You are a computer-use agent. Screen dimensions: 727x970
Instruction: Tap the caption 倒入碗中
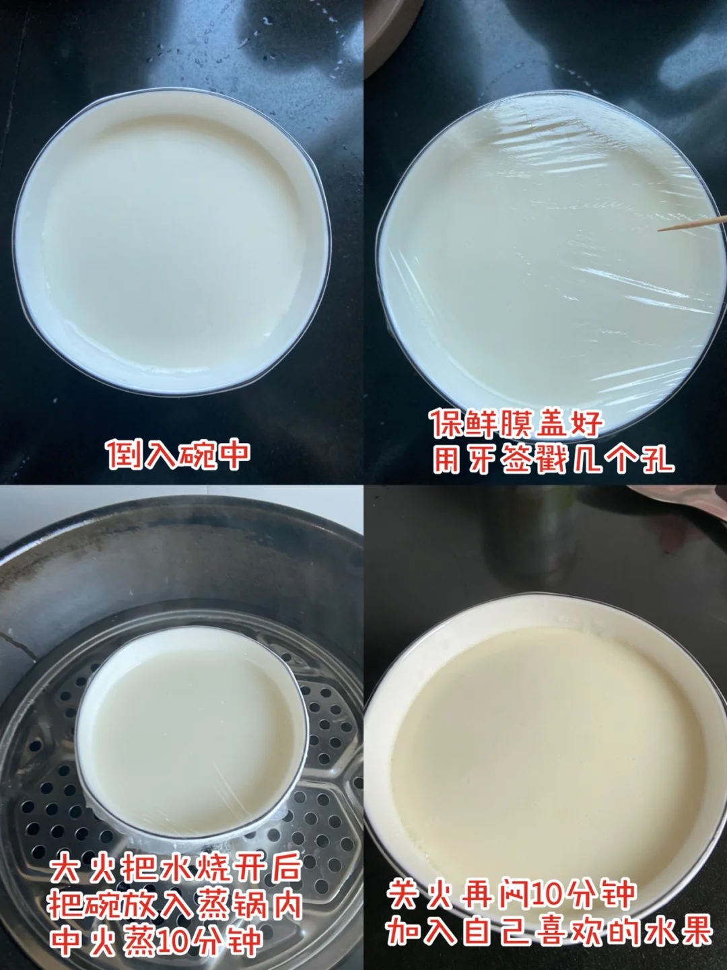click(179, 454)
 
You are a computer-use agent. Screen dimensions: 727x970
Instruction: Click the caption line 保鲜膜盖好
click(518, 424)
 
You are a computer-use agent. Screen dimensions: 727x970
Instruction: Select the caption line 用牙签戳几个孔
click(553, 460)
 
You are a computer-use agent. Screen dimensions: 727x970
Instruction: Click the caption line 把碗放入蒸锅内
click(176, 903)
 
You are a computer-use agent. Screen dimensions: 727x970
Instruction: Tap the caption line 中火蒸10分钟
click(156, 938)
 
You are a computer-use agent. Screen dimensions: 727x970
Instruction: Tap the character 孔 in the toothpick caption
click(657, 460)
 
